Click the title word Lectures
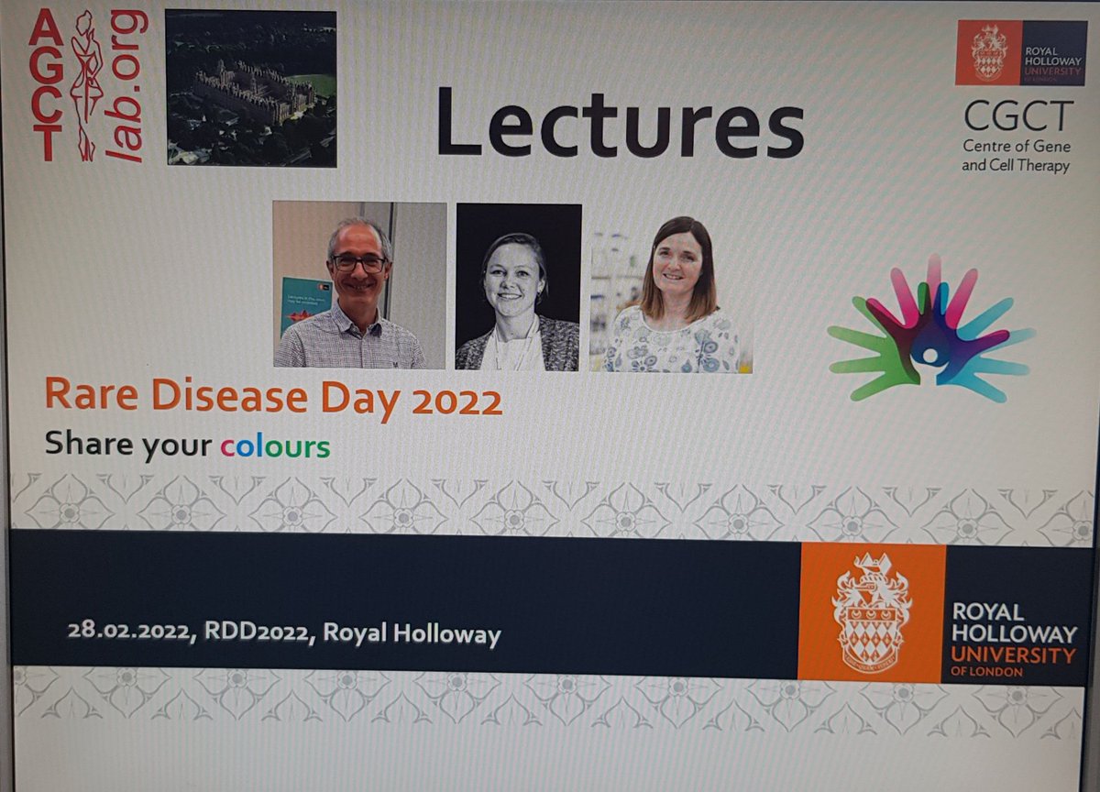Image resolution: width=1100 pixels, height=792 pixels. pos(620,121)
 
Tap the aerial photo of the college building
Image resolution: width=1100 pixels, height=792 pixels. pos(250,88)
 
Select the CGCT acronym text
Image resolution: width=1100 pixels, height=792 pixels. pos(1017,117)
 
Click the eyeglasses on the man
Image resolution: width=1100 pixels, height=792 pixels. pos(358,263)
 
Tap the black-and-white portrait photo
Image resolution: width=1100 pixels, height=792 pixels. pos(518,287)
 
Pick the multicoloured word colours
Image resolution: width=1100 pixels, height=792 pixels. pos(275,446)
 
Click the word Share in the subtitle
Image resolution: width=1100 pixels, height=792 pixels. pos(89,444)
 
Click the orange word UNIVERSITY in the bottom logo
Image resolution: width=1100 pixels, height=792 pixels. pos(1012,654)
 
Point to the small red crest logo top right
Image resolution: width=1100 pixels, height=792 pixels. pos(988,52)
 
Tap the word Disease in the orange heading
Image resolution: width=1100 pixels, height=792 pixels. pos(229,397)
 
